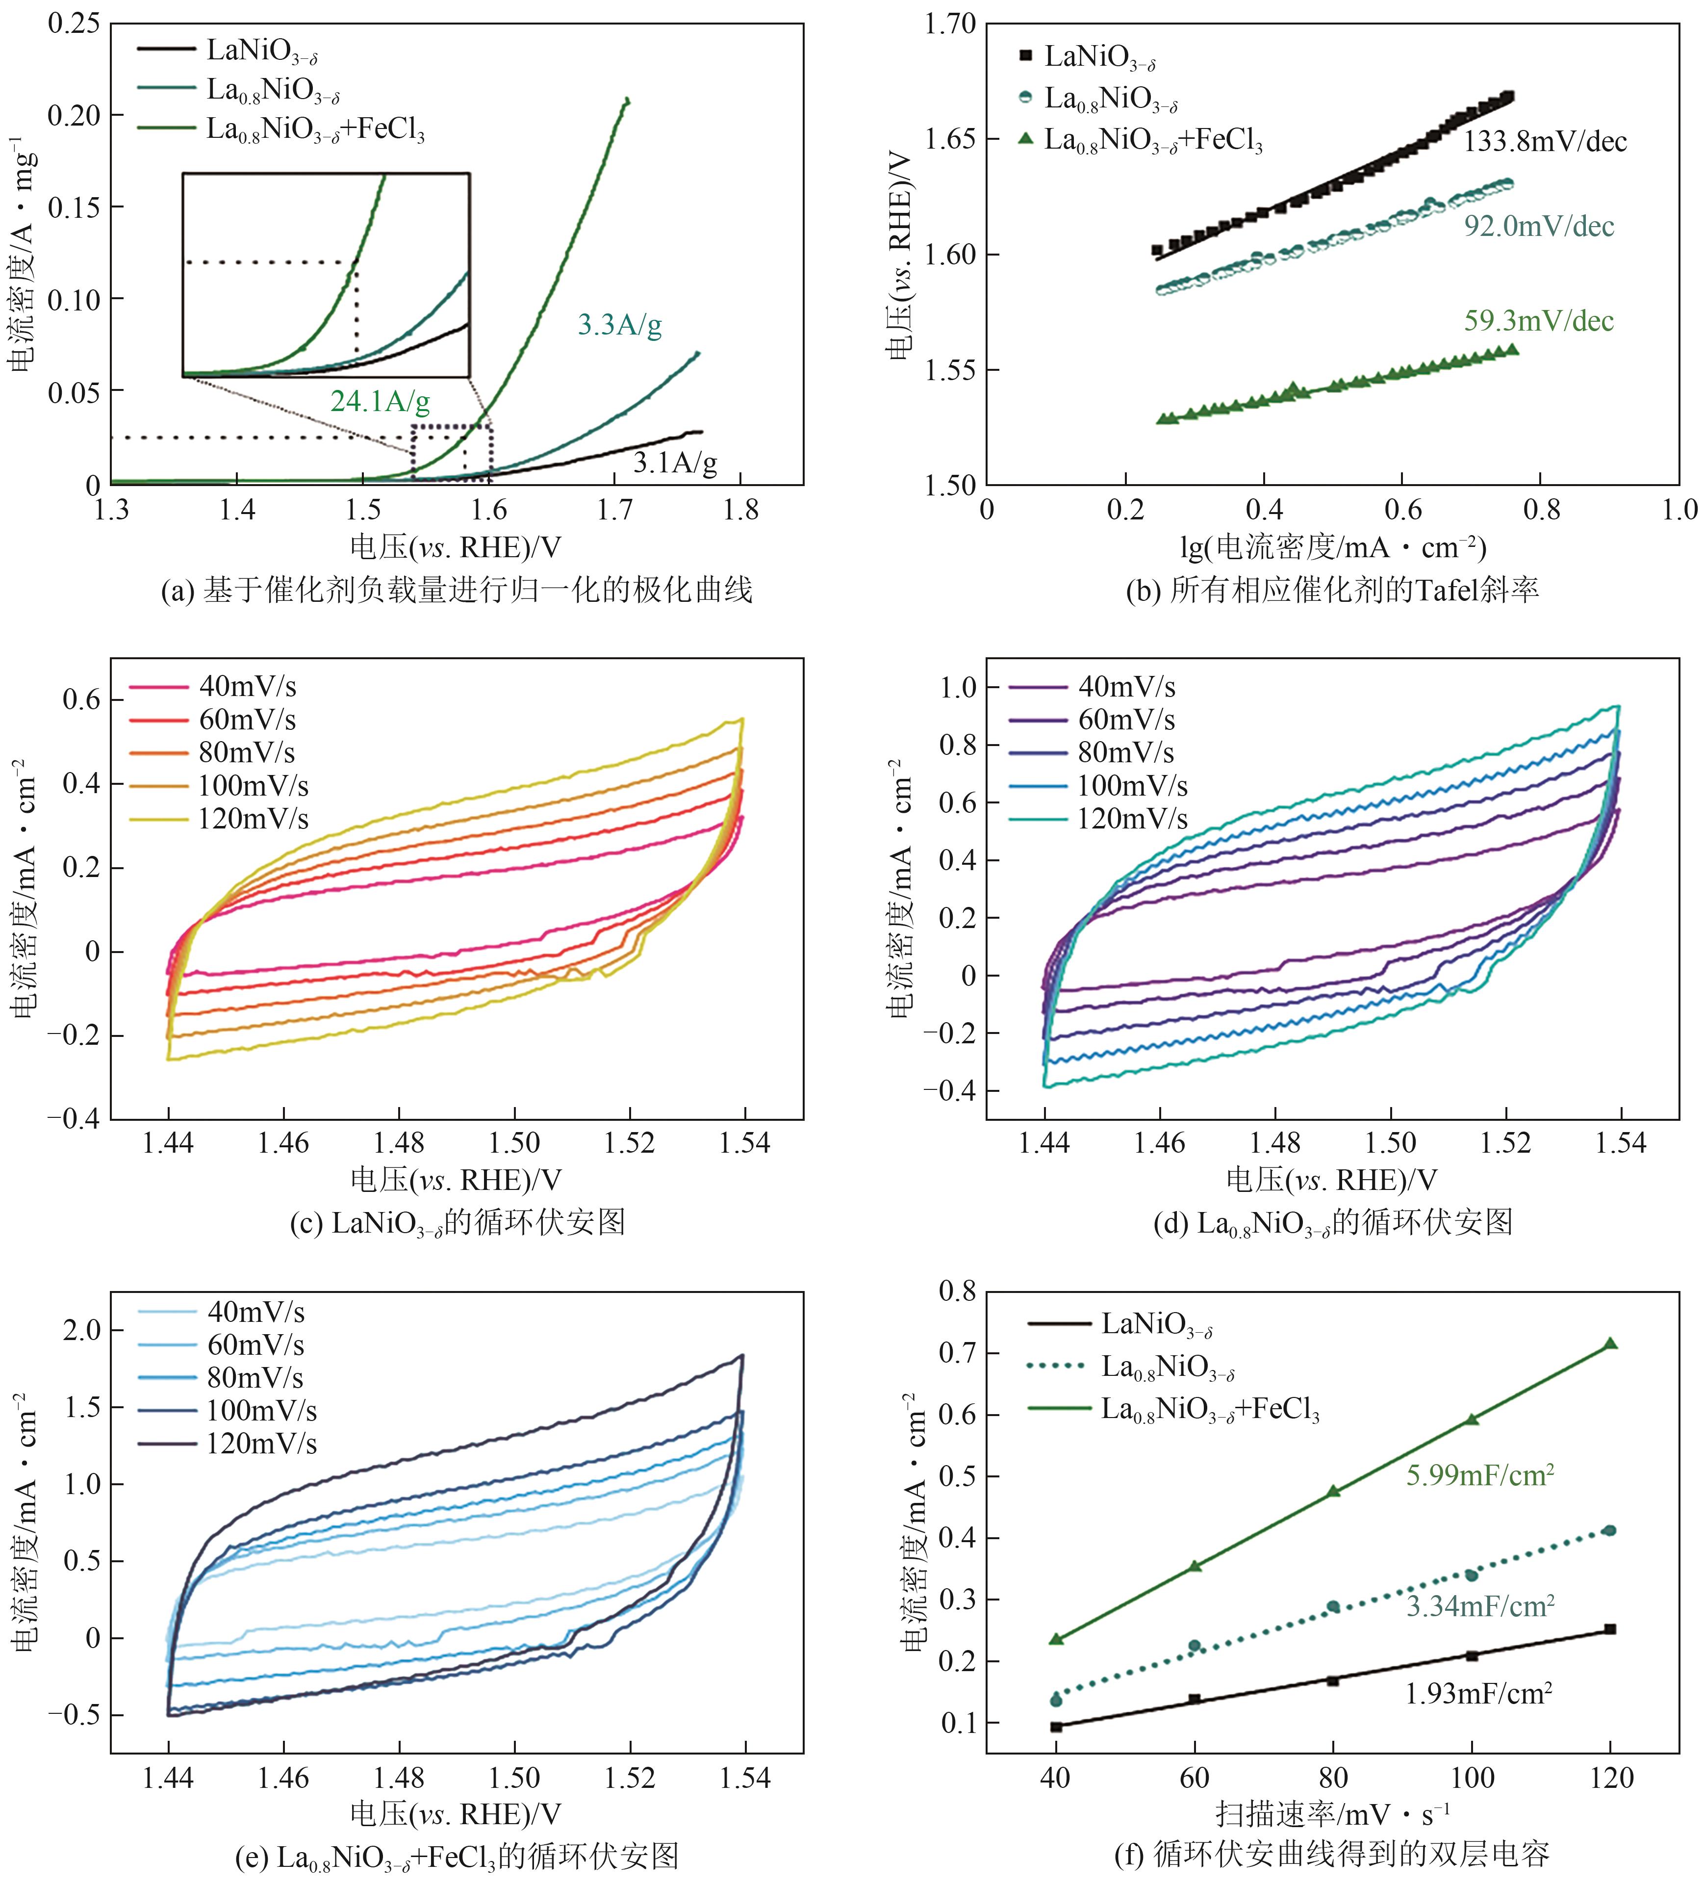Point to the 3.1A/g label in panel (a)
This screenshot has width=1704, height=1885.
pos(675,462)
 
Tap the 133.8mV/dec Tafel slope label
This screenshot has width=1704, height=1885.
pos(1544,142)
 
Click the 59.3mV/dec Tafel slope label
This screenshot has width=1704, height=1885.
pos(1539,322)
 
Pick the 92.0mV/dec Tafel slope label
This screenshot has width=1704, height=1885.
pos(1539,226)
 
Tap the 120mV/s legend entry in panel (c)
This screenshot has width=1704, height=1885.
pos(253,819)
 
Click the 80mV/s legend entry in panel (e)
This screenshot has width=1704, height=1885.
pos(254,1378)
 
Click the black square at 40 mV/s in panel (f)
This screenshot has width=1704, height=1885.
pos(1056,1727)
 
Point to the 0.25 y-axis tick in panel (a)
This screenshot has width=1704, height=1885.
pos(74,24)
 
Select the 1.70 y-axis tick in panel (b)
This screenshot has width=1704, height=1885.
pos(950,24)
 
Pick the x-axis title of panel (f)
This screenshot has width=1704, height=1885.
pos(1332,1815)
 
